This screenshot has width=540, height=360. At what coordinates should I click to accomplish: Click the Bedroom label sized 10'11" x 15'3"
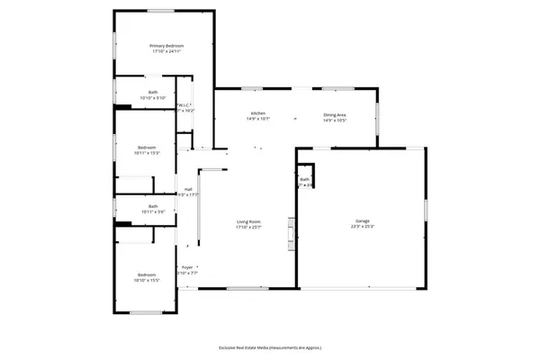tap(146, 147)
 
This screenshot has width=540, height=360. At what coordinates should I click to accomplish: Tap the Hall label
tap(188, 189)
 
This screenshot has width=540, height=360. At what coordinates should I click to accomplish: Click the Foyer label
tap(187, 267)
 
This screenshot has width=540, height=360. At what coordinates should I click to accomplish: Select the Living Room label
tap(248, 221)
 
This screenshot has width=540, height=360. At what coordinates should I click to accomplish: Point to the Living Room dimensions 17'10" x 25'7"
tap(248, 228)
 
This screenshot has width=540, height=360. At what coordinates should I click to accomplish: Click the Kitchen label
tap(258, 113)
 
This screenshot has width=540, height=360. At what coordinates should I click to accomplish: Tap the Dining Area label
tap(336, 113)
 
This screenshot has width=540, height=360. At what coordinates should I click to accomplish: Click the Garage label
tap(363, 220)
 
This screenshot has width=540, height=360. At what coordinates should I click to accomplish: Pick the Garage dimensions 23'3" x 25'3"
tap(363, 227)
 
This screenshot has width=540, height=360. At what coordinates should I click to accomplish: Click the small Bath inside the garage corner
tap(305, 180)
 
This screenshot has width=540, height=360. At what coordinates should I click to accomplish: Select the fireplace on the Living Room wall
tap(290, 232)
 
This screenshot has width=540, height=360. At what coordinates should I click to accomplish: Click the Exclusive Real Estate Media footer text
tap(270, 347)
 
